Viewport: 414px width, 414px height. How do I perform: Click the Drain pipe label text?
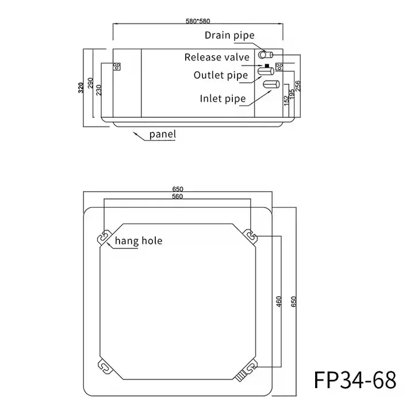click(229, 36)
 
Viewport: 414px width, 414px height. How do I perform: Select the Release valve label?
click(217, 57)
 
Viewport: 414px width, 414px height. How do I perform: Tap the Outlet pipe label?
click(220, 75)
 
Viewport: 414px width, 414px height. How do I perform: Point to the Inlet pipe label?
click(223, 98)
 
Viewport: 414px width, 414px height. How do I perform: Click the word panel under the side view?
click(162, 135)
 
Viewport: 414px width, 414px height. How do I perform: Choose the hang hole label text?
click(138, 240)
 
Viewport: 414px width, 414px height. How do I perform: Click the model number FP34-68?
click(355, 380)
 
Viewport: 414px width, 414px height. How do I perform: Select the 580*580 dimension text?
click(197, 21)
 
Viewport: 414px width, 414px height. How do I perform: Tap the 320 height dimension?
click(81, 87)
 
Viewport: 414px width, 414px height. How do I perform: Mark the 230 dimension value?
click(99, 90)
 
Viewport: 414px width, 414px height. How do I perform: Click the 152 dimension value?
click(286, 99)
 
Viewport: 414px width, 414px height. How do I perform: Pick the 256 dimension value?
click(298, 87)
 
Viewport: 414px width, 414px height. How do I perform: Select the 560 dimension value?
click(177, 197)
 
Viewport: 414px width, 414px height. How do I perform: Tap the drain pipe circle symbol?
click(265, 55)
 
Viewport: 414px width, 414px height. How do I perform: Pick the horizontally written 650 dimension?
click(178, 189)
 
